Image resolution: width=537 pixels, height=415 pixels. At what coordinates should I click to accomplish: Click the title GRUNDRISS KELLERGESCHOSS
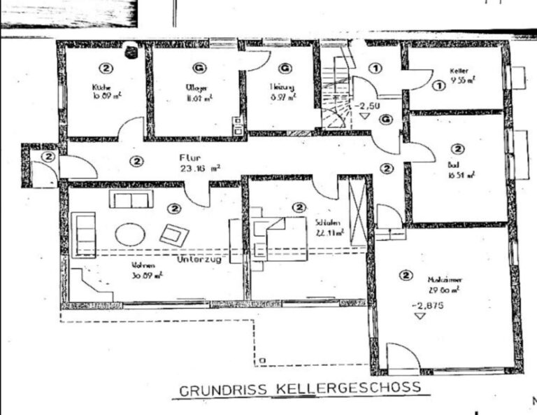pyautogui.click(x=299, y=389)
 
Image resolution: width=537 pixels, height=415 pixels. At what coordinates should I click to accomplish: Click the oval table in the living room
pyautogui.click(x=130, y=233)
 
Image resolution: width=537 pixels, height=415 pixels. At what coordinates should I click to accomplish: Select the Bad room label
pyautogui.click(x=453, y=165)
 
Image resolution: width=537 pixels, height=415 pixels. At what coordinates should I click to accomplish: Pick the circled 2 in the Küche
pyautogui.click(x=106, y=68)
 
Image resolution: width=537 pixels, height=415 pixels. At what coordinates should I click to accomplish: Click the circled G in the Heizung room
pyautogui.click(x=284, y=68)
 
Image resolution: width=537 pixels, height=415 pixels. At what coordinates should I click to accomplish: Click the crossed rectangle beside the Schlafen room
pyautogui.click(x=357, y=211)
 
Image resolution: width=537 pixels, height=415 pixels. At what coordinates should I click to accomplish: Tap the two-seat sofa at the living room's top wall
pyautogui.click(x=130, y=201)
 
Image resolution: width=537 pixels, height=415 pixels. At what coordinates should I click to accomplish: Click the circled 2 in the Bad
pyautogui.click(x=458, y=148)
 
